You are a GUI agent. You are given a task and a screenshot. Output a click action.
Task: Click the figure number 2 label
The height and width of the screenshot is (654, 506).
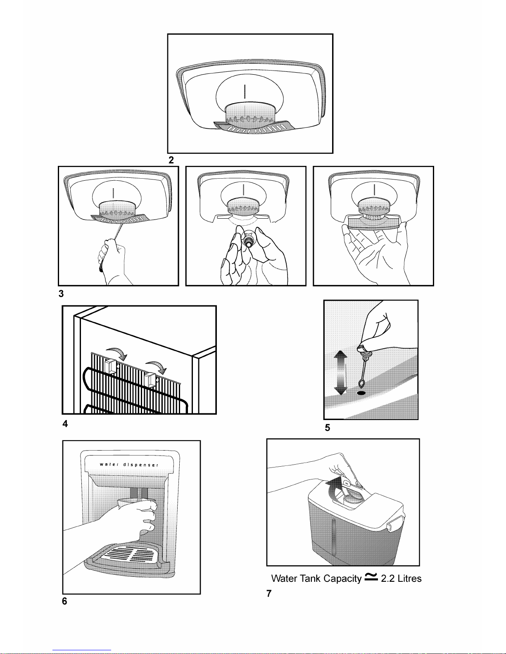(171, 160)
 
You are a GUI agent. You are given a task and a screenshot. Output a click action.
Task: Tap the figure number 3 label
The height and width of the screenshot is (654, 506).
(61, 294)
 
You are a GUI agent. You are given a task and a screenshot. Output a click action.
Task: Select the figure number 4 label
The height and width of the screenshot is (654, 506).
(65, 424)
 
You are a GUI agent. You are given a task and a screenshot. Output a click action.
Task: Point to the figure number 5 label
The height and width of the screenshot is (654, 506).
(328, 427)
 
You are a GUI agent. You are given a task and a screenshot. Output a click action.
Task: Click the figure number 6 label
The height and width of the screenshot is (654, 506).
(64, 601)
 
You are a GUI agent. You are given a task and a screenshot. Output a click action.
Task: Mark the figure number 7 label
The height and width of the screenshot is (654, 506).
(269, 593)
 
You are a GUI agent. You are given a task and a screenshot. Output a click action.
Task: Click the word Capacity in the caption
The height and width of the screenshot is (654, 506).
(342, 578)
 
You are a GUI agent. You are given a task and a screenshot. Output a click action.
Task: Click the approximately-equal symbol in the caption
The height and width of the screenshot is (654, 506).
(371, 577)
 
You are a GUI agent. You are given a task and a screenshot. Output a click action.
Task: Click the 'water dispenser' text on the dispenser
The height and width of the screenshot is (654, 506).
(129, 464)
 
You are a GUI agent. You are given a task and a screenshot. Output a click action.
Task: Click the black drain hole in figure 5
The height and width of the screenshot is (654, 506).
(361, 393)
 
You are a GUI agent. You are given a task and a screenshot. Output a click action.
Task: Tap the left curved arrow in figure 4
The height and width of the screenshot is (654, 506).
(117, 353)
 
